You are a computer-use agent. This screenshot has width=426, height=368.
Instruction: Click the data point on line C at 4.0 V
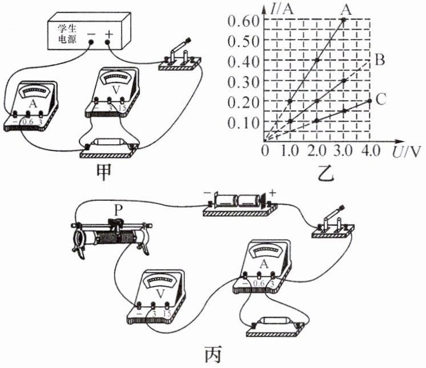(x=369, y=101)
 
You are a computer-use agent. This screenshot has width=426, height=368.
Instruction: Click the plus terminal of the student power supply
(x=108, y=35)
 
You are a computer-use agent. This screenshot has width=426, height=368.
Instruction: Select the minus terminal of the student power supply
(x=91, y=36)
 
